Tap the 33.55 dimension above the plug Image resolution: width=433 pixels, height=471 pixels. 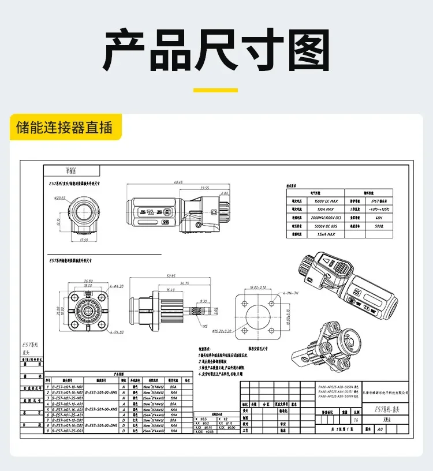[x=204, y=188]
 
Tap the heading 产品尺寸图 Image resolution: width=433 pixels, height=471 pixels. [x=216, y=51]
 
